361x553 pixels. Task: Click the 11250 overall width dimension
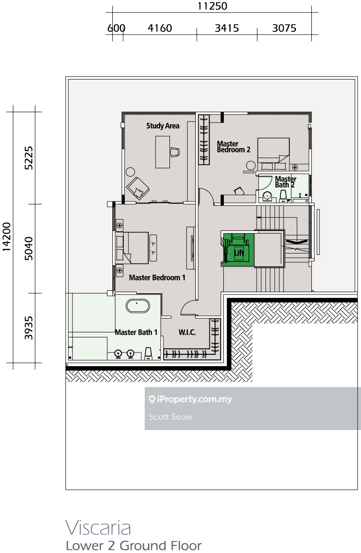click(212, 6)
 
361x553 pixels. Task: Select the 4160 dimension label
click(160, 28)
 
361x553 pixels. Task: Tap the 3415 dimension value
click(227, 28)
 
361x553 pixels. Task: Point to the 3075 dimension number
click(284, 28)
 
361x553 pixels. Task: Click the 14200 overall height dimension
click(7, 237)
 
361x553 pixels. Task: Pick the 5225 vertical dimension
click(29, 158)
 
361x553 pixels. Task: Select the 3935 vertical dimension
click(29, 328)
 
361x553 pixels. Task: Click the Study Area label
click(162, 126)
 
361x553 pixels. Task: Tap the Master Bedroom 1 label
click(157, 278)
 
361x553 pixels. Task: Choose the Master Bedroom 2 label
click(234, 147)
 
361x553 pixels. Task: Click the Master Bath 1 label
click(136, 332)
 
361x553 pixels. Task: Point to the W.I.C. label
click(187, 332)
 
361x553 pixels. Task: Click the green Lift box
click(238, 249)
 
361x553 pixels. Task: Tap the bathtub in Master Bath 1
click(138, 306)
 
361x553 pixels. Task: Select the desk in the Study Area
click(162, 152)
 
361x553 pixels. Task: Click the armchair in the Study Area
click(138, 188)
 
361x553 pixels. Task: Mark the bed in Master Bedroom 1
click(132, 248)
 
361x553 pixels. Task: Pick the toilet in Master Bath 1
click(148, 353)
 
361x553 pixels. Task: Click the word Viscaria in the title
click(98, 528)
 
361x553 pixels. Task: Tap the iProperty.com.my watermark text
click(191, 399)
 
